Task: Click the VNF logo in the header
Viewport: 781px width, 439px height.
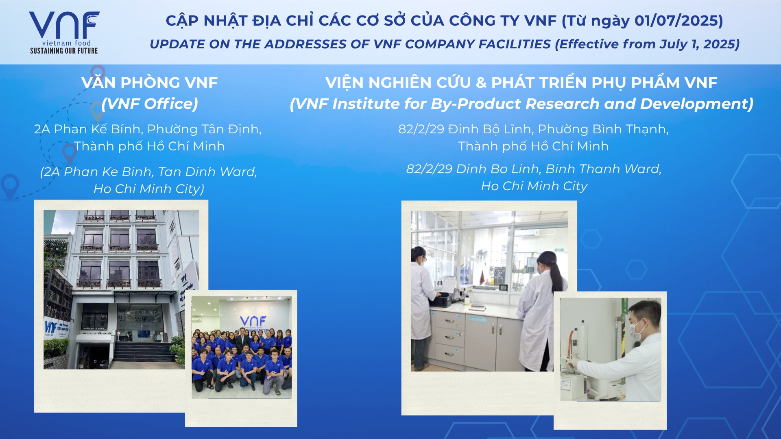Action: point(64,33)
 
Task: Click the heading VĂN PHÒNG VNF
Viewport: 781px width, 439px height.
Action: point(149,83)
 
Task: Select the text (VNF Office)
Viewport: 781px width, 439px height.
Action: point(150,104)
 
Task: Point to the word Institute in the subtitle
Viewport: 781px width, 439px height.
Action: point(367,104)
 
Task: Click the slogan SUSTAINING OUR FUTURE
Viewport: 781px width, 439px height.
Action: point(64,51)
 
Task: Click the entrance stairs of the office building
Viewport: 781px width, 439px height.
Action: point(144,351)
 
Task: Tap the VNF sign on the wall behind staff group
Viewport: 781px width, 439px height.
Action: point(253,322)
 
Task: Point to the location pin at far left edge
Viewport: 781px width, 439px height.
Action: point(10,185)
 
